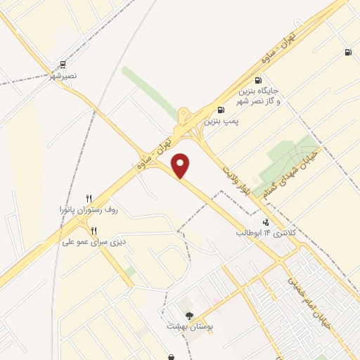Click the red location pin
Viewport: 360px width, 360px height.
[x=181, y=165]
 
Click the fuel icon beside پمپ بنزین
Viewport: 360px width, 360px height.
[x=221, y=110]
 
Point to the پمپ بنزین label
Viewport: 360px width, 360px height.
[x=222, y=121]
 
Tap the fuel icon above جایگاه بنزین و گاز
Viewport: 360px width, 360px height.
[x=258, y=80]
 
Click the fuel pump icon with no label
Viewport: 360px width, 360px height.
[x=348, y=53]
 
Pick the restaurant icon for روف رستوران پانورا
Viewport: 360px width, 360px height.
[x=88, y=198]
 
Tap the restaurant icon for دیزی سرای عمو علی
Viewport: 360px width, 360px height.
[x=93, y=231]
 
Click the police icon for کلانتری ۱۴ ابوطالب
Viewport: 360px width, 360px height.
[x=265, y=221]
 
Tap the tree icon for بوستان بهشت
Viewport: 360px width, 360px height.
[x=188, y=316]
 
